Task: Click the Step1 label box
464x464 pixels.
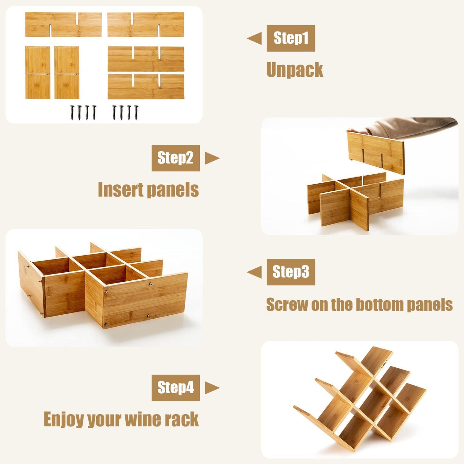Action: pos(291,38)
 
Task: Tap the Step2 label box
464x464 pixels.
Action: pos(176,158)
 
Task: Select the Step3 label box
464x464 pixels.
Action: pos(291,272)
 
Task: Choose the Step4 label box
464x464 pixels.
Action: pos(176,388)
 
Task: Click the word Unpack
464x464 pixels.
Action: pos(295,70)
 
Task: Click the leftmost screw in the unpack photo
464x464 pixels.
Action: pos(72,112)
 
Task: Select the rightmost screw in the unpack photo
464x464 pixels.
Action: pos(136,112)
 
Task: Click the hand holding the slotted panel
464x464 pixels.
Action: pos(359,131)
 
